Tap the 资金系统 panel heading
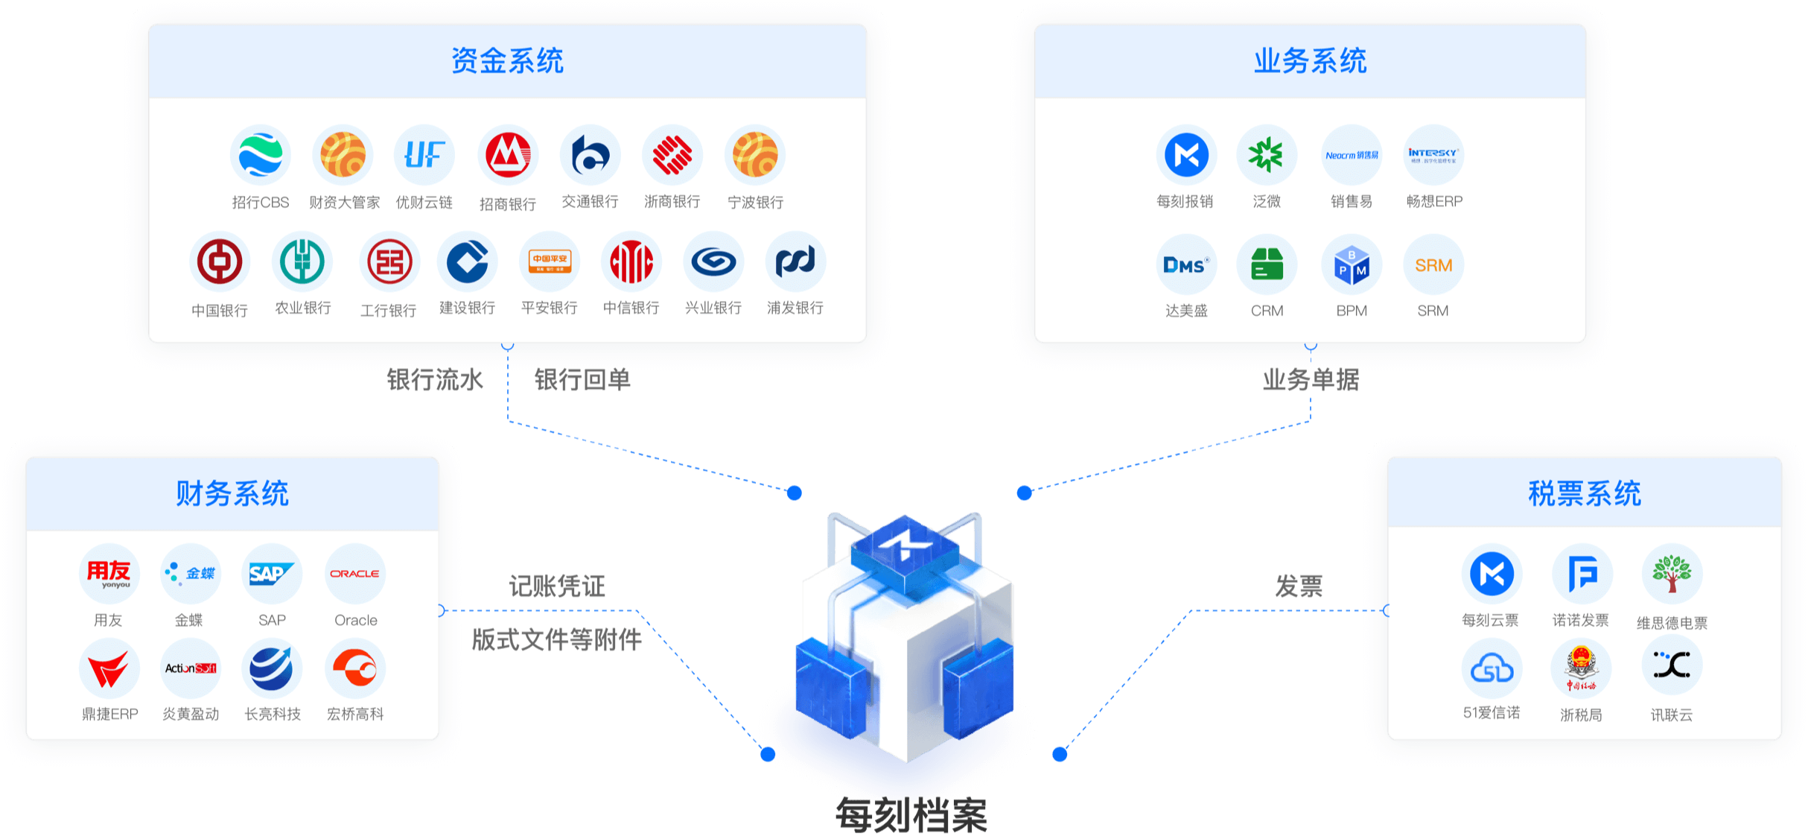tap(507, 61)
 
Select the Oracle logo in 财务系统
tap(355, 574)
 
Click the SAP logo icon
tap(272, 574)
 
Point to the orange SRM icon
tap(1433, 265)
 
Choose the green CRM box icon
tap(1267, 265)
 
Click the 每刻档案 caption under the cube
tap(911, 815)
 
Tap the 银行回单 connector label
tap(582, 380)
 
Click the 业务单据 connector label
tap(1311, 380)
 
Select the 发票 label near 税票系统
tap(1299, 586)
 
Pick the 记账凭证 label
tap(557, 586)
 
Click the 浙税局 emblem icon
tap(1581, 668)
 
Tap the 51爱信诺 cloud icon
tap(1492, 668)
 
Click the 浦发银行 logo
tap(795, 262)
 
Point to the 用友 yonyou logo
tap(109, 574)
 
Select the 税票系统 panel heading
tap(1584, 493)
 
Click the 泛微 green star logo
tap(1266, 155)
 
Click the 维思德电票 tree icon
tap(1672, 574)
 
